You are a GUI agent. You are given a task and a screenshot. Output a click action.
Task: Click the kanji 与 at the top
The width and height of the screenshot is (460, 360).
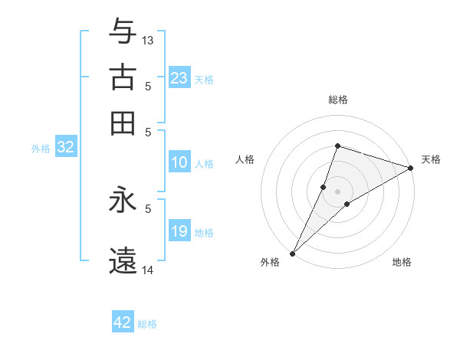pos(123,33)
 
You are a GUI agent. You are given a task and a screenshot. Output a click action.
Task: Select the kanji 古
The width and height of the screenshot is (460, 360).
pos(123,78)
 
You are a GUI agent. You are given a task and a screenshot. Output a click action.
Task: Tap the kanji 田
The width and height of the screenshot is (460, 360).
pos(123,123)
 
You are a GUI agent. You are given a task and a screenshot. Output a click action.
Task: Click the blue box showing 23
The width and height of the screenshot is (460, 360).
pos(179,78)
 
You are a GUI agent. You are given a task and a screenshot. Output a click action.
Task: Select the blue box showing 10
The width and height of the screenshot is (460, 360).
pos(179,162)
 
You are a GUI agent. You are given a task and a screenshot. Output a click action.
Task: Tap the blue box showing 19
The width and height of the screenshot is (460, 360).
pos(179,232)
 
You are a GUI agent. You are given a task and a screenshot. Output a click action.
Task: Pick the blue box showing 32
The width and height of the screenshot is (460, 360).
pos(65,148)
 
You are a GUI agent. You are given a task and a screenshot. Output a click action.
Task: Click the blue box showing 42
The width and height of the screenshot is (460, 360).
pos(123,322)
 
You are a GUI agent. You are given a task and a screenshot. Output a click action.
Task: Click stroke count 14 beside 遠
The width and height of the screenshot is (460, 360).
pos(148,270)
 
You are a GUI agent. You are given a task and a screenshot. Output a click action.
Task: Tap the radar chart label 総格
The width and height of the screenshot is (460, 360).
pos(337,100)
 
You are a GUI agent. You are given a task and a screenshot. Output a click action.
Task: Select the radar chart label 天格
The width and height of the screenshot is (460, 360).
pos(431,159)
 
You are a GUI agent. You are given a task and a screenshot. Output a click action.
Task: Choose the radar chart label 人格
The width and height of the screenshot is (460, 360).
pos(245,159)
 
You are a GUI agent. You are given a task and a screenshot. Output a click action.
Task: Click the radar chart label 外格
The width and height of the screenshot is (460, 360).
pos(270,263)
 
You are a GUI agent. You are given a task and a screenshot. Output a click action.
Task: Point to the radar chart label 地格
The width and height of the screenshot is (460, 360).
pos(402,263)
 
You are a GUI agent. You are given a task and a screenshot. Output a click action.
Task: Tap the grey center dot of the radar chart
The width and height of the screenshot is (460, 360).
pos(337,191)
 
